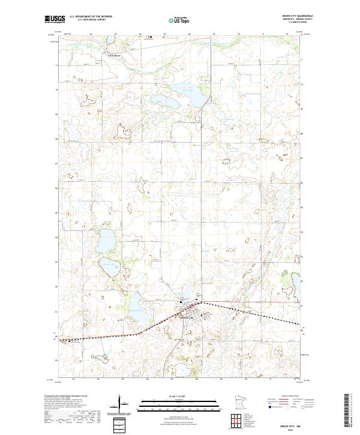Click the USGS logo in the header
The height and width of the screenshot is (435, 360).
55,19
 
